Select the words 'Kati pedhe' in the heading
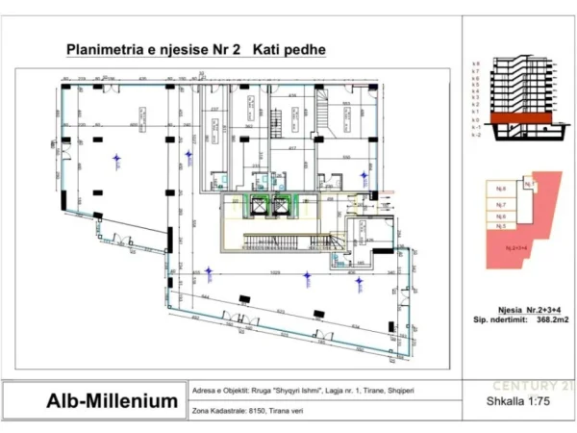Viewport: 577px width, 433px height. point(289,49)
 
